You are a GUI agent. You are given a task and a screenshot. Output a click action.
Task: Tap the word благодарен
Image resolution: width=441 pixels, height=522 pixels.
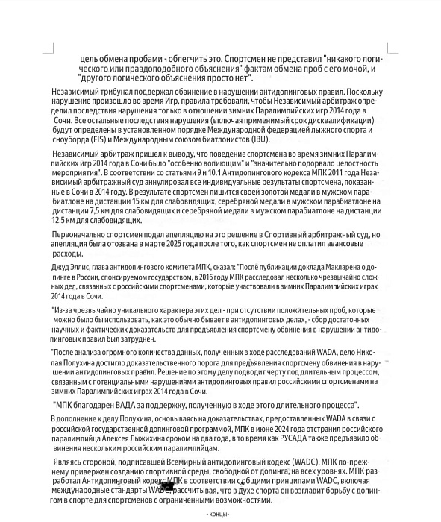[98, 405]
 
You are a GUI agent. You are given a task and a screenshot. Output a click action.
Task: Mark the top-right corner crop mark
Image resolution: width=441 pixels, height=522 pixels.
[392, 49]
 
